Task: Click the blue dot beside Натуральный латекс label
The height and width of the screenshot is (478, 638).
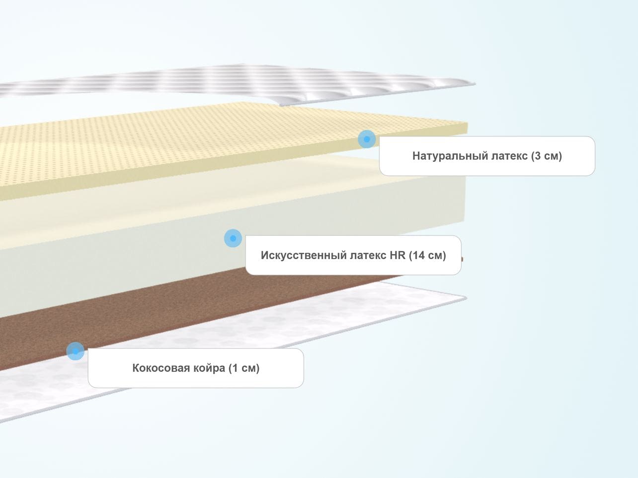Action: coord(367,139)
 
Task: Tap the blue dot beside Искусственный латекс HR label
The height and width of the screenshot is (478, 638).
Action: coord(233,238)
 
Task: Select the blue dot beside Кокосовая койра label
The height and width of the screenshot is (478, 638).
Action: coord(76,351)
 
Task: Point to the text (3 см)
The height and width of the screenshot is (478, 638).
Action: coord(547,156)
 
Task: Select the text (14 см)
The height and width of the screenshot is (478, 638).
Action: coord(427,256)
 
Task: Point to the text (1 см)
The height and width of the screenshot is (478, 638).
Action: coord(244,368)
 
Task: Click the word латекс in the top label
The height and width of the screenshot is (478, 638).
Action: coord(509,156)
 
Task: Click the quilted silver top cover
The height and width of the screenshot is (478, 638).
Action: coord(233,83)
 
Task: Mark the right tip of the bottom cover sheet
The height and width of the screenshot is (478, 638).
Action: coord(466,298)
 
